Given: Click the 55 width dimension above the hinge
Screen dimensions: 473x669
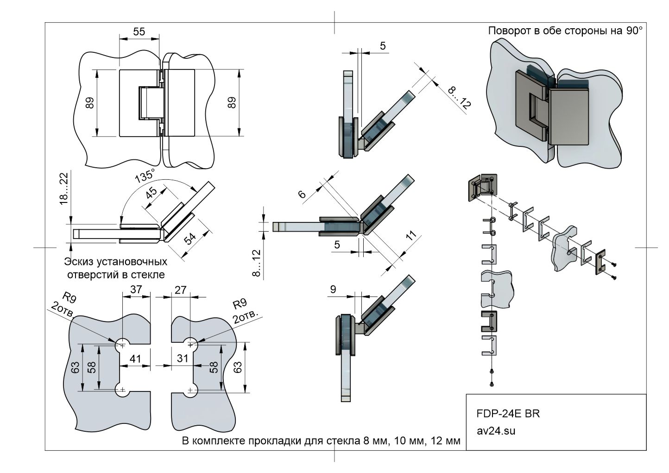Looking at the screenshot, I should (139, 32).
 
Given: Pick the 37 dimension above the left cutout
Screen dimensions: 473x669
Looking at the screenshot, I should (136, 290).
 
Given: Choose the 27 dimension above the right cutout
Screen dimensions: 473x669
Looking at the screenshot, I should (180, 290).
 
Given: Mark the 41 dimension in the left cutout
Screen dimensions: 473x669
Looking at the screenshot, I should (135, 358).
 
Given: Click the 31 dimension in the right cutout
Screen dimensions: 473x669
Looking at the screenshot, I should (183, 358).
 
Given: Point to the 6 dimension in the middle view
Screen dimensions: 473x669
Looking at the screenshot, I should (302, 195).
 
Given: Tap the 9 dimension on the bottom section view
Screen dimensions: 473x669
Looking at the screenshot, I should (333, 290).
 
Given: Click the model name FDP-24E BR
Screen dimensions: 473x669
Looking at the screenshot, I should (508, 413).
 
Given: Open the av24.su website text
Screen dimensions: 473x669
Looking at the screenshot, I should (496, 430).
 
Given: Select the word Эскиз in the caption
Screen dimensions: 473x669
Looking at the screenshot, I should (77, 262).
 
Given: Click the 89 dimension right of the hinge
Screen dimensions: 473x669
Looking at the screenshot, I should (232, 103).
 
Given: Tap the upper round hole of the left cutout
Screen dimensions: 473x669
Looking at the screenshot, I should (122, 344).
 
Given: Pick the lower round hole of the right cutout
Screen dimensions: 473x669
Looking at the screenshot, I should (190, 391).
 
